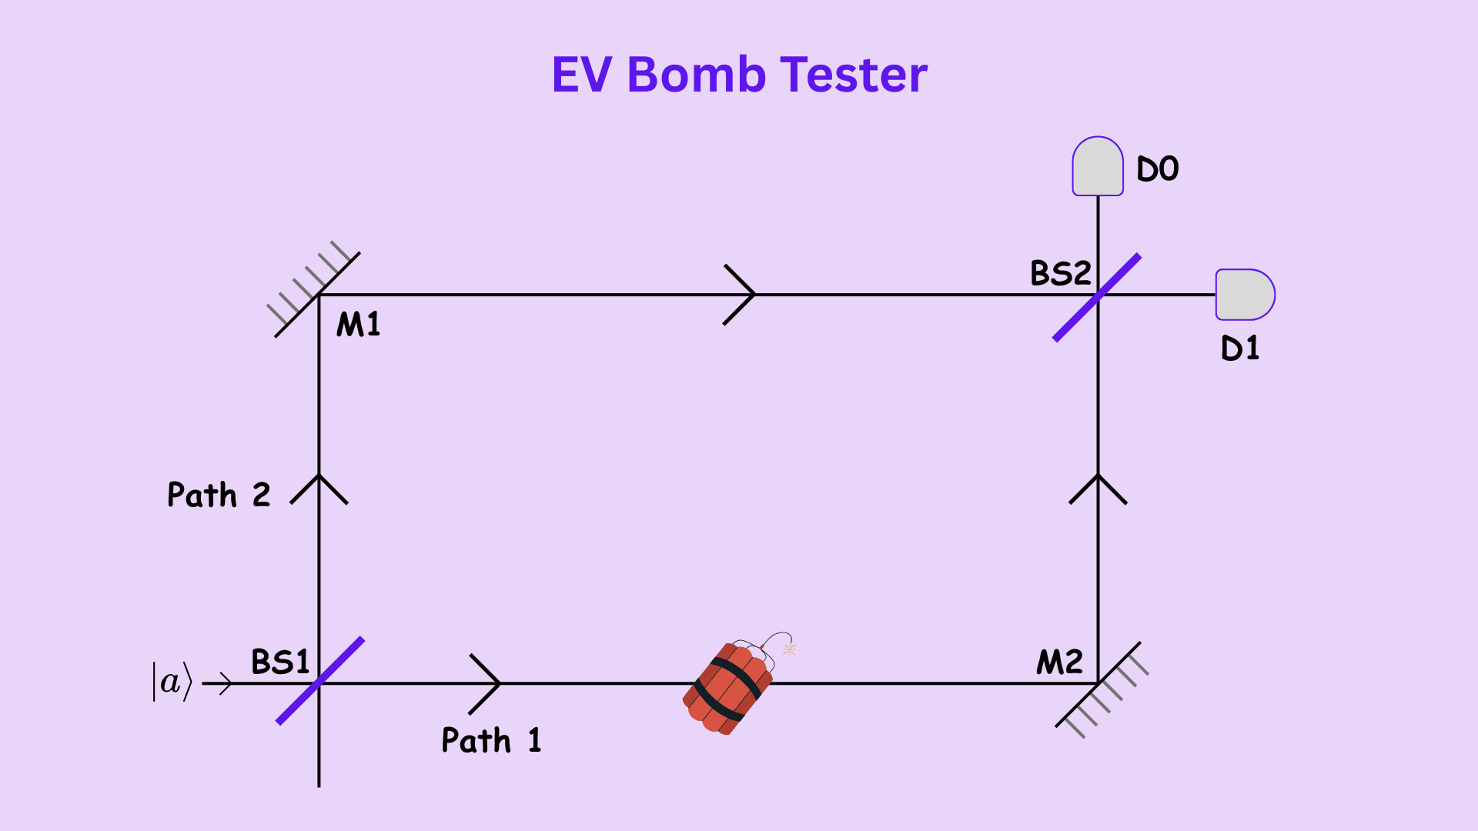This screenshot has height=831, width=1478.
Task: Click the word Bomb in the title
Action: pos(697,75)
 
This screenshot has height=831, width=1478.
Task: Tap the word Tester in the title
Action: pos(854,75)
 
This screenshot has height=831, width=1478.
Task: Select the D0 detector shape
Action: pos(1098,166)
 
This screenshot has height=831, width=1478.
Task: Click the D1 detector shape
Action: pos(1246,294)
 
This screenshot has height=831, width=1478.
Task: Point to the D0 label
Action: pos(1158,169)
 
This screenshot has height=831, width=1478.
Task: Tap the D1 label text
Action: pos(1240,349)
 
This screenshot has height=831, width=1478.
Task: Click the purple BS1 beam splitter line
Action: pos(320,681)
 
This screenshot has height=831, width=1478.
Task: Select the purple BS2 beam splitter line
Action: pos(1097,298)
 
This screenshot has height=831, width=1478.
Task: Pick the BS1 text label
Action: pos(280,662)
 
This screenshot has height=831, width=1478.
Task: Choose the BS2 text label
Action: pos(1061,273)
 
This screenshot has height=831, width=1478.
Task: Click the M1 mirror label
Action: pos(359,324)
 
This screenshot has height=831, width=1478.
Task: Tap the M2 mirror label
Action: pos(1060,662)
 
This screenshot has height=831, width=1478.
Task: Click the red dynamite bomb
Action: pos(728,689)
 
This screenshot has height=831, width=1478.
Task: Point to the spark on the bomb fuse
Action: pos(789,649)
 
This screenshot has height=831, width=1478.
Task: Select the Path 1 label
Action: pos(491,740)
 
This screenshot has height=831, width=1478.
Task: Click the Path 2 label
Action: pos(219,495)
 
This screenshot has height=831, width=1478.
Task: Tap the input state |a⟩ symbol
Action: pos(172,682)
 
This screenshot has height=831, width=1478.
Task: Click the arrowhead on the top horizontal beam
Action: pos(740,295)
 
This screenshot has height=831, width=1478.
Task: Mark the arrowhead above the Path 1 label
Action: pos(485,683)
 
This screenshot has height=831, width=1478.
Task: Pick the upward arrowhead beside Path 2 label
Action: pos(319,489)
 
